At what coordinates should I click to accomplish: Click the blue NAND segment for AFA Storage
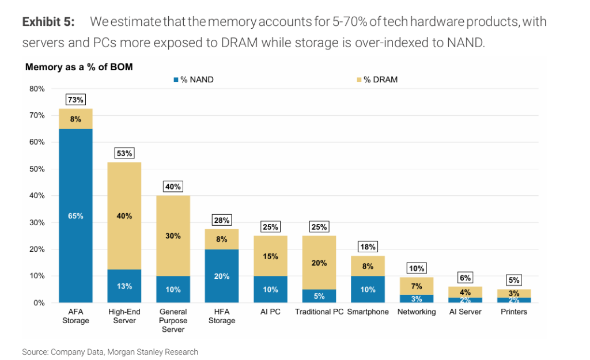[x=75, y=215]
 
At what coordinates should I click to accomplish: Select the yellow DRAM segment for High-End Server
[x=124, y=215]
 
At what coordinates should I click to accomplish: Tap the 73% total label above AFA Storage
[x=75, y=100]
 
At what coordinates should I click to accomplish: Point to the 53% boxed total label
[x=124, y=153]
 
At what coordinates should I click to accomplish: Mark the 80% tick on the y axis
[x=37, y=89]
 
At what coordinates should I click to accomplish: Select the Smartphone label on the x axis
[x=368, y=312]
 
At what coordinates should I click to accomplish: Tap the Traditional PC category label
[x=319, y=312]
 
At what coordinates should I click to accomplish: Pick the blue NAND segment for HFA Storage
[x=222, y=276]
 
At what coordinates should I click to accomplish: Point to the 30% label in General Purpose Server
[x=173, y=236]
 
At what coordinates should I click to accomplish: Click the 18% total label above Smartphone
[x=368, y=247]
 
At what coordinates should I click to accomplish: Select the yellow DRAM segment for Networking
[x=417, y=286]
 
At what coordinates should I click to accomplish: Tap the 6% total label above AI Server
[x=466, y=278]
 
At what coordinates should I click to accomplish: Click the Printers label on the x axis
[x=514, y=312]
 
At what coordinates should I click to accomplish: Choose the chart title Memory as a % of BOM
[x=79, y=67]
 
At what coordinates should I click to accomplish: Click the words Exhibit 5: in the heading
[x=48, y=22]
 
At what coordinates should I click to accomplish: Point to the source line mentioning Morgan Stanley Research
[x=110, y=352]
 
